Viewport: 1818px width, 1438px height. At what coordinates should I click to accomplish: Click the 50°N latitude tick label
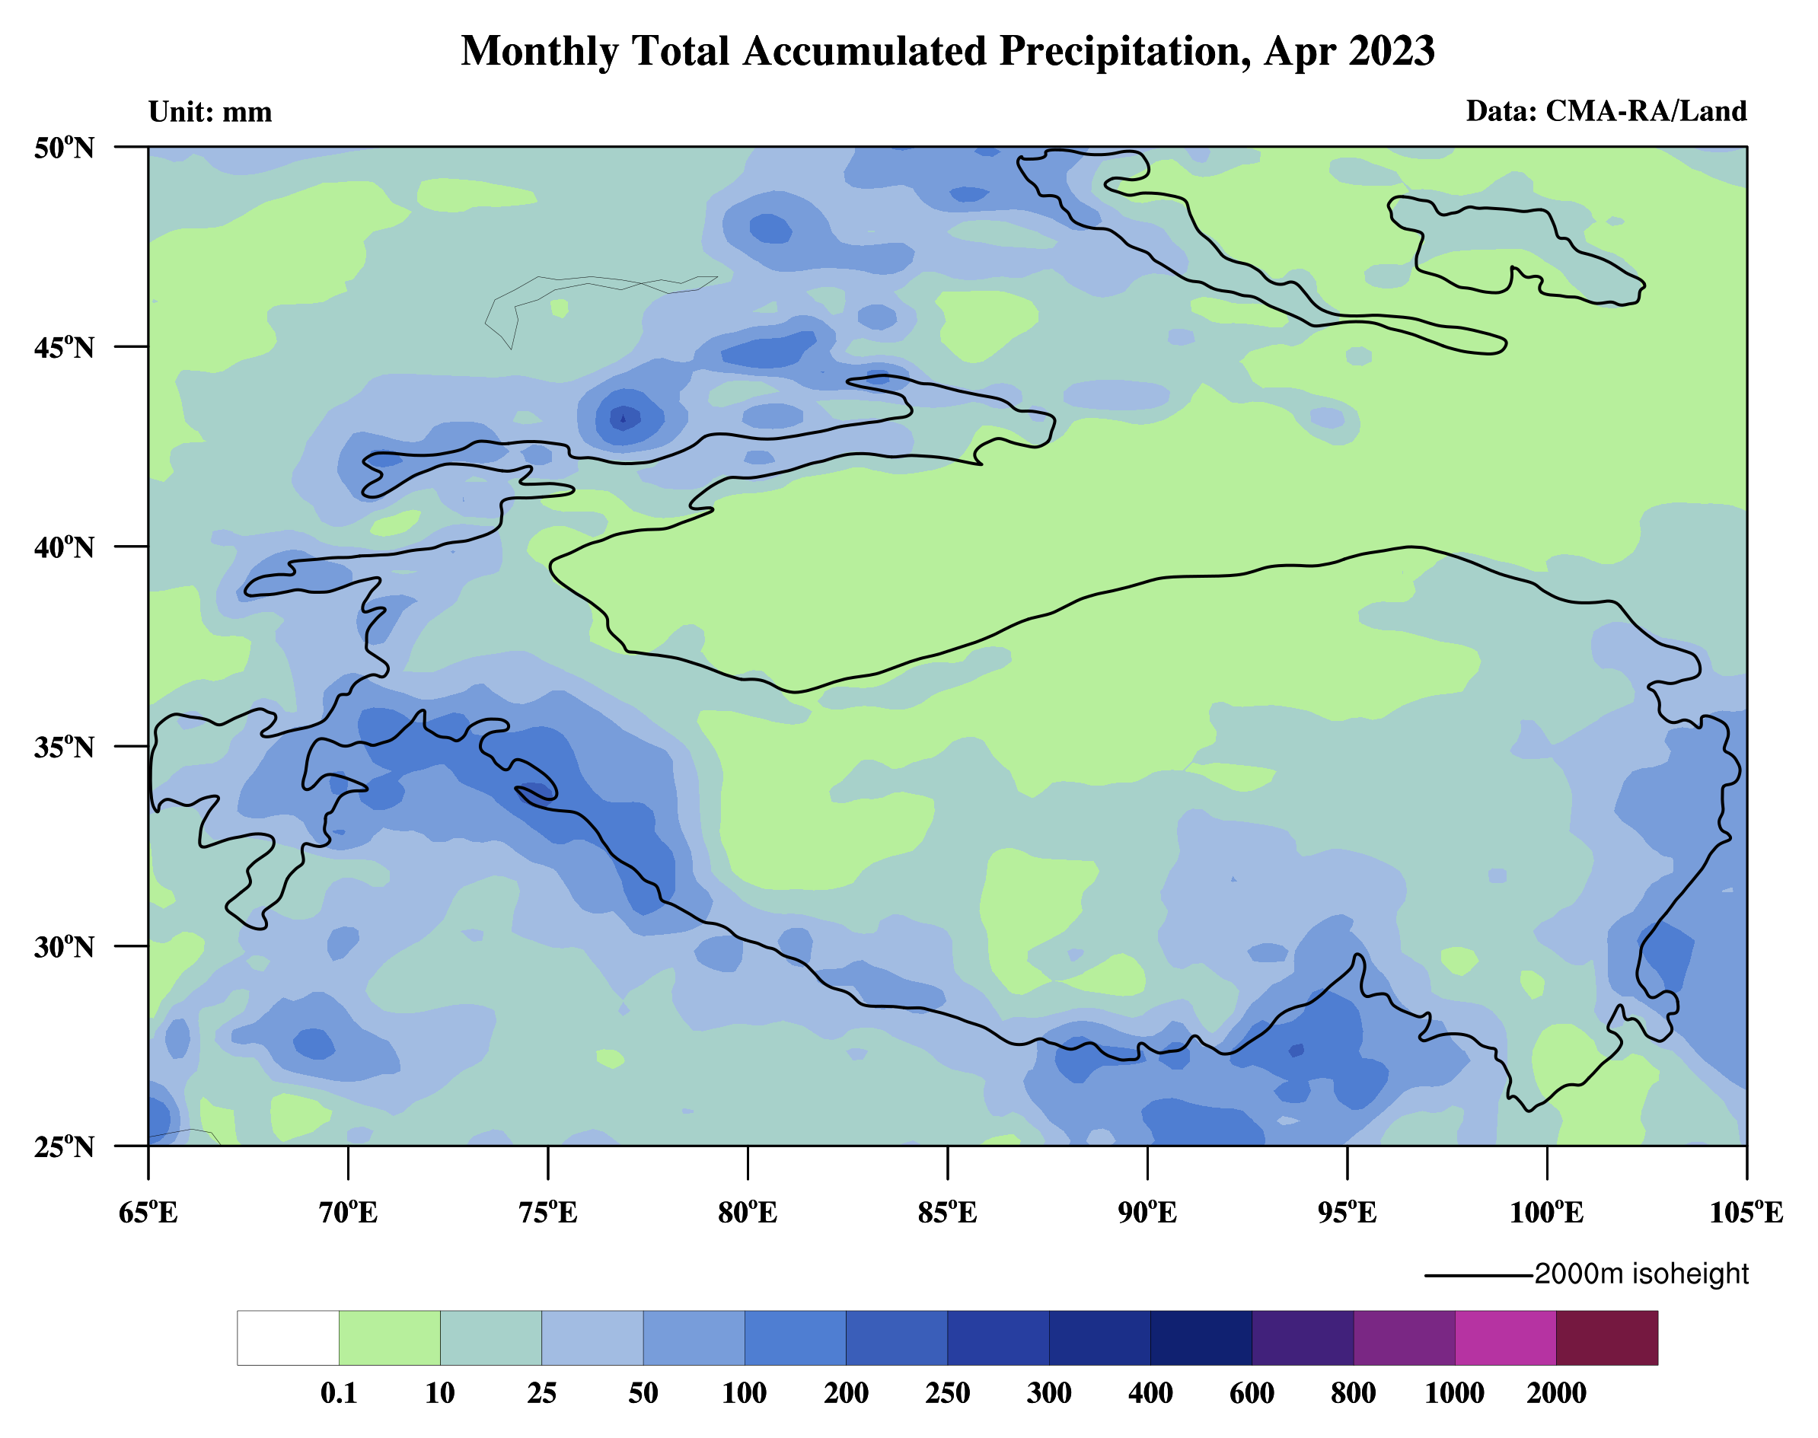point(64,148)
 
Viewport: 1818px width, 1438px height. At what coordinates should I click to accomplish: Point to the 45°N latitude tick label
point(64,347)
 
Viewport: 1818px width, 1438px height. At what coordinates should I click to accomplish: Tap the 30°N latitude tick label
point(64,946)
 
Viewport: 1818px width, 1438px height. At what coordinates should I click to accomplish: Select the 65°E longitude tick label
point(148,1213)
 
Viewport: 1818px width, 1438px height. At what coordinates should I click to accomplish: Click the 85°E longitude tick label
point(947,1213)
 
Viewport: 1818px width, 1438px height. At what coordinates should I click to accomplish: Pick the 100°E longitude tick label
point(1546,1213)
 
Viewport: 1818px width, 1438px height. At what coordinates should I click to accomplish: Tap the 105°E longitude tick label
point(1746,1213)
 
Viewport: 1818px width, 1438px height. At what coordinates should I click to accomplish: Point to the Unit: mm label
point(211,112)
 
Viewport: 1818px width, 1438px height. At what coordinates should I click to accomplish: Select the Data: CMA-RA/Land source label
point(1606,111)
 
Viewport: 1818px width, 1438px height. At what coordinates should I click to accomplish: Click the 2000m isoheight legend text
point(1641,1274)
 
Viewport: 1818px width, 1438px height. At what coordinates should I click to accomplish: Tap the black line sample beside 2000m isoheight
point(1478,1276)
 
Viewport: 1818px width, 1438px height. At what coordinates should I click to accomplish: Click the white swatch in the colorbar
point(288,1338)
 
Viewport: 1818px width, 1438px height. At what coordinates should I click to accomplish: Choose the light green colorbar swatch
point(389,1338)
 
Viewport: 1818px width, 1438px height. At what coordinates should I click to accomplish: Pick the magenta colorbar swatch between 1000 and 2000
point(1506,1338)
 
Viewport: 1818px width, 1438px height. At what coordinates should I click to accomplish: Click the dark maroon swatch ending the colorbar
point(1606,1338)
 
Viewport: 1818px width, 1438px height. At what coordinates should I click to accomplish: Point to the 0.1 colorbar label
point(339,1393)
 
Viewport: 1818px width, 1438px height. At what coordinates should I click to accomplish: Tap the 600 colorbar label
point(1252,1393)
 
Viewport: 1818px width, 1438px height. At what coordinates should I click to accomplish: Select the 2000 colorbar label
point(1556,1393)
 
